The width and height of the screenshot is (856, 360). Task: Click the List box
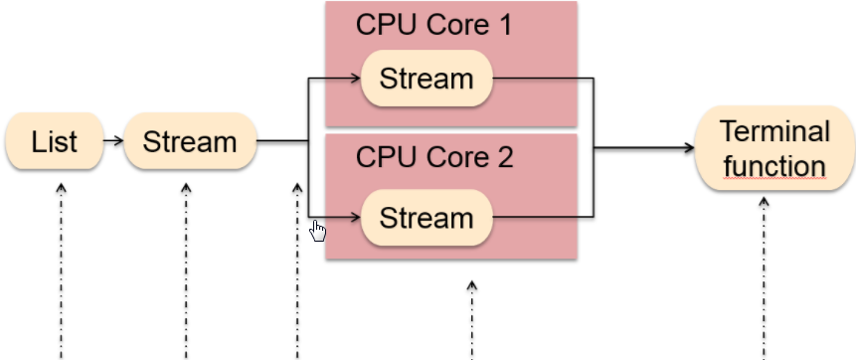[54, 142]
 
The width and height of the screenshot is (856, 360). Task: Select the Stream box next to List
[190, 141]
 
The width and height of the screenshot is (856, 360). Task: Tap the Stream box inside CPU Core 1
[427, 78]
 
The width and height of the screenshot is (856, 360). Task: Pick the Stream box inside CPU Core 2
[427, 217]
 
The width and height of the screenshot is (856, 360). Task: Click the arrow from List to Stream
[112, 141]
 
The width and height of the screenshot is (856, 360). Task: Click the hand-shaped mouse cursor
[318, 231]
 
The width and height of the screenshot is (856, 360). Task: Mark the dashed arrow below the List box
[61, 269]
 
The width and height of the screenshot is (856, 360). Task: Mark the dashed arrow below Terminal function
[765, 278]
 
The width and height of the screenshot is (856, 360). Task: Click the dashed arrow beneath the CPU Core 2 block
[472, 318]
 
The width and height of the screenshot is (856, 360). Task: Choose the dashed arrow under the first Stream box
[185, 269]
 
